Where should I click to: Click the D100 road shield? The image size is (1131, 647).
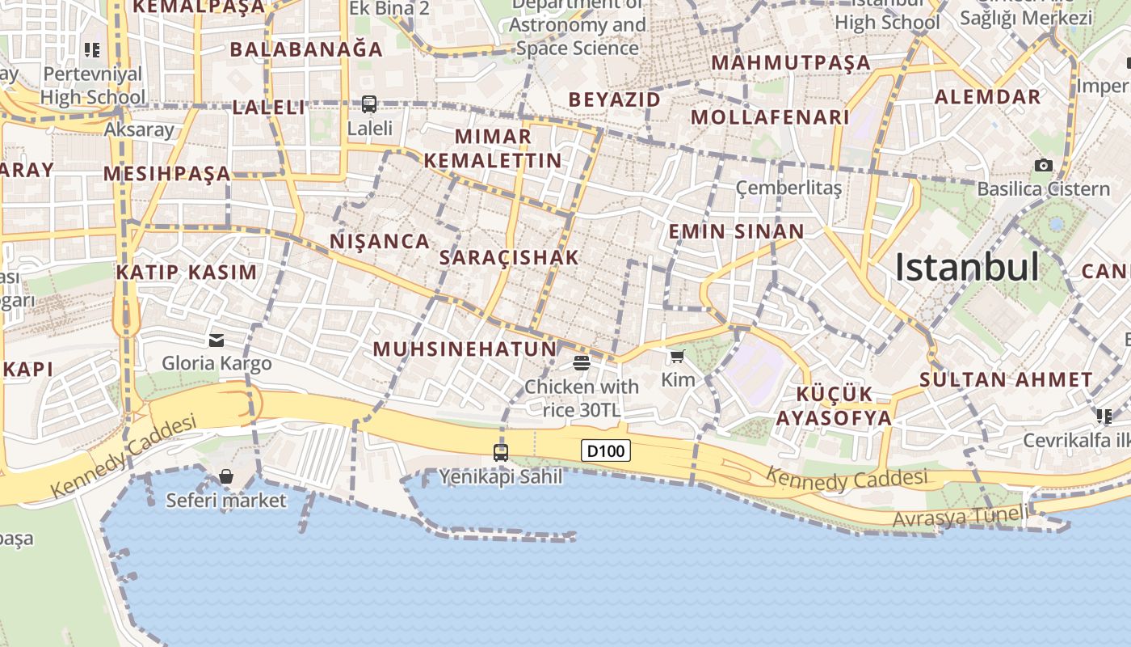coord(606,450)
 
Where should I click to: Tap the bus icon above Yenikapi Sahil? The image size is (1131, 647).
coord(501,452)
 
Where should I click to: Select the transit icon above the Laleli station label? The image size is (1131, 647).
coord(369,104)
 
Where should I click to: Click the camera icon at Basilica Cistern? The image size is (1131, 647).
coord(1044,165)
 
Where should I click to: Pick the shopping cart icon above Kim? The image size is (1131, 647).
coord(677,356)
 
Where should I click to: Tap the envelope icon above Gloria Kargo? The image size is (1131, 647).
coord(217,340)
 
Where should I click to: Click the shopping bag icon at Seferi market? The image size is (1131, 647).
coord(226,476)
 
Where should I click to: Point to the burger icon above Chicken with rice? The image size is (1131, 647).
coord(582,362)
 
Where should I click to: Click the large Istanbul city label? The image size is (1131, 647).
coord(967,268)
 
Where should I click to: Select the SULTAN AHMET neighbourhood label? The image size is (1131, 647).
coord(1006,379)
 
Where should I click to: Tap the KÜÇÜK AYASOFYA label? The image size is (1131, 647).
coord(835,406)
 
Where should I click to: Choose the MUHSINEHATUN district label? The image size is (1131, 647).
coord(465,349)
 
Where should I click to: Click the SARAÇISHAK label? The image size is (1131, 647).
coord(509,258)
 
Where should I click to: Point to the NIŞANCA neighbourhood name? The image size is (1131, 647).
coord(380,241)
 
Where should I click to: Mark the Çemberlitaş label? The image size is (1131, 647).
coord(788,188)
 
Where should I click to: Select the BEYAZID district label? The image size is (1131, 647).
coord(615,99)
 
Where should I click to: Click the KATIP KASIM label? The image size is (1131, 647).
coord(187,272)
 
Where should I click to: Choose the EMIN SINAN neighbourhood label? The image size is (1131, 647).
coord(736,232)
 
